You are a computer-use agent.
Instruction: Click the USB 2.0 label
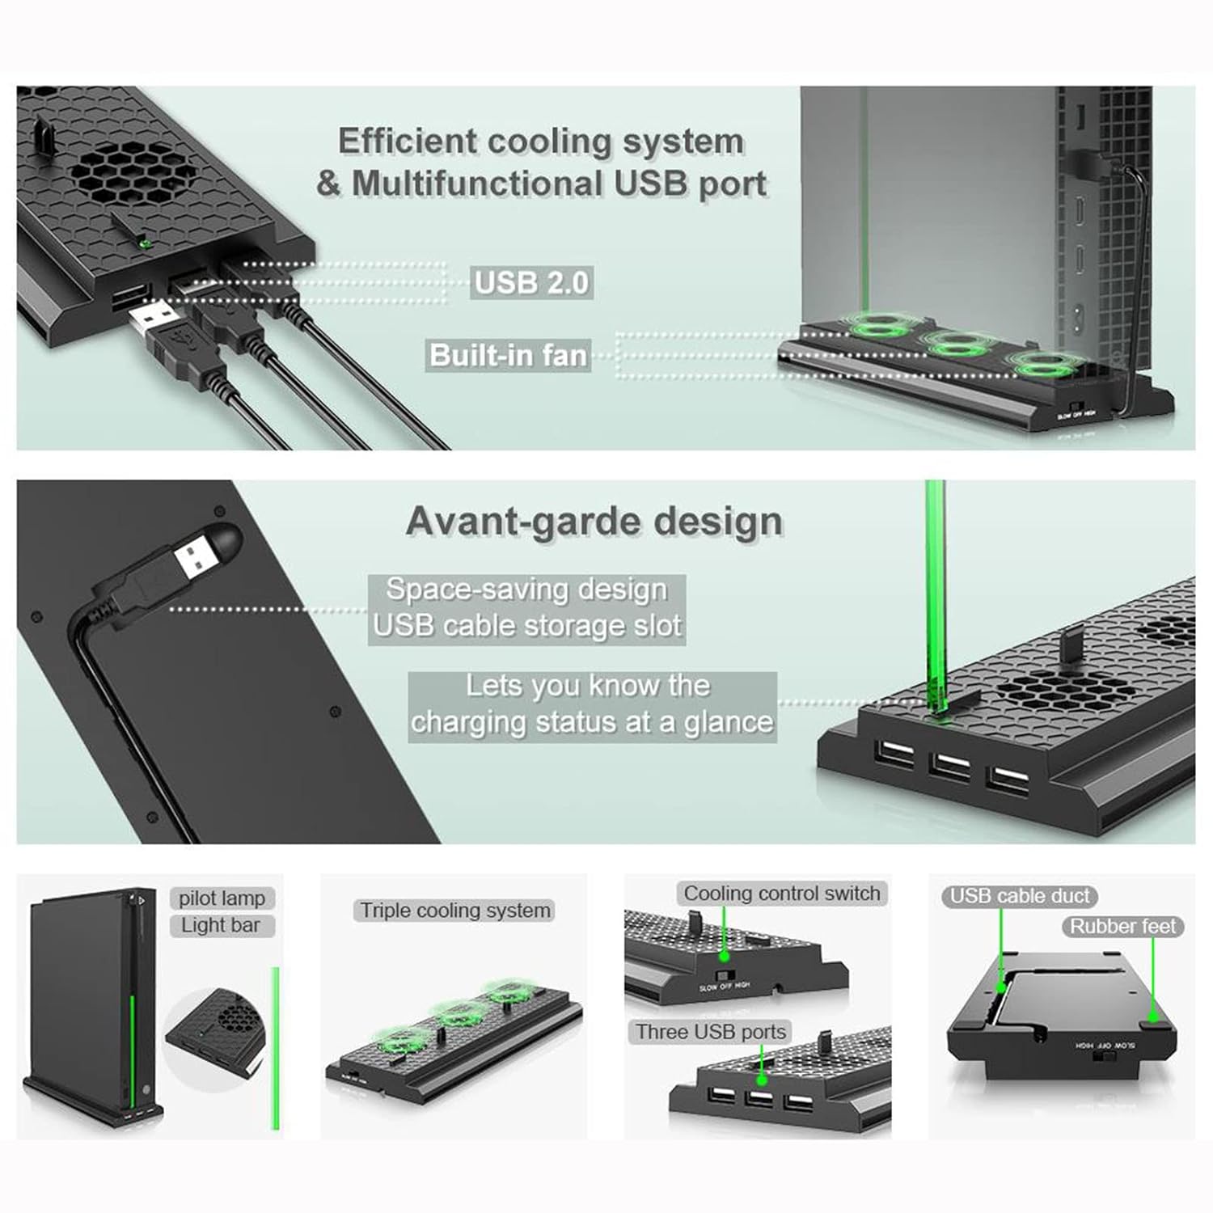coord(531,283)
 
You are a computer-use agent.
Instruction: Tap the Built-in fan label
coord(508,355)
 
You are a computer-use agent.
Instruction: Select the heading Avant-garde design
coord(594,522)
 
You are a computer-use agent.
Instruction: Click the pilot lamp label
coord(222,898)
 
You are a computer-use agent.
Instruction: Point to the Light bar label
coord(221,925)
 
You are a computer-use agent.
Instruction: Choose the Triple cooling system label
coord(454,911)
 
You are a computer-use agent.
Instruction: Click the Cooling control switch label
coord(781,894)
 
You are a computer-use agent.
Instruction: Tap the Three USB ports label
coord(710,1032)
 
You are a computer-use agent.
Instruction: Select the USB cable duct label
coord(1020,896)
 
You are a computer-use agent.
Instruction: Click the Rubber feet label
coord(1122,927)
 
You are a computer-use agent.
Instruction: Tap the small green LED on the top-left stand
coord(145,240)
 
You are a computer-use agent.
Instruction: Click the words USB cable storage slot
coord(526,626)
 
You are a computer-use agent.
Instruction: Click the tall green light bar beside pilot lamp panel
coord(275,1047)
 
